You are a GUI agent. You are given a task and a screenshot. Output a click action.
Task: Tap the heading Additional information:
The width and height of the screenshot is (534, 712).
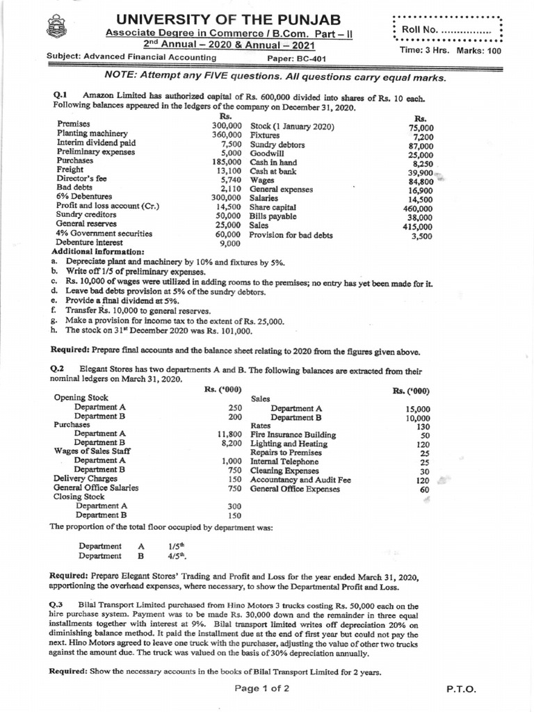tap(98, 251)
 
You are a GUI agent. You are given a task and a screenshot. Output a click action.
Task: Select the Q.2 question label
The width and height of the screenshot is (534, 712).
tap(62, 368)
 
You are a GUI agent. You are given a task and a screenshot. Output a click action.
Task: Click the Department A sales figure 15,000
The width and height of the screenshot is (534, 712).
tap(418, 409)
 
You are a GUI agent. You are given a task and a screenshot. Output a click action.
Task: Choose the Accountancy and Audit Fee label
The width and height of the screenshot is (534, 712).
tap(300, 480)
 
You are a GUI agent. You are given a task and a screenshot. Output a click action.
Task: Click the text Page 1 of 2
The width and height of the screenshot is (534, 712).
tap(262, 689)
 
